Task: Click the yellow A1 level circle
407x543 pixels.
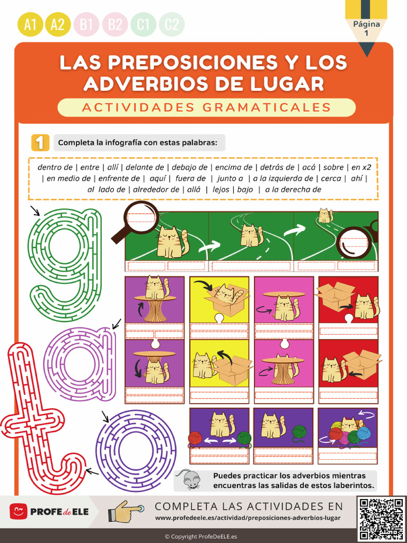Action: pos(30,24)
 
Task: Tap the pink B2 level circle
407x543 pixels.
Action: pos(115,24)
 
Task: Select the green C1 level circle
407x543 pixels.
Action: pos(144,24)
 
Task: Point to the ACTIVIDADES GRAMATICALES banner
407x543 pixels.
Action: pos(206,107)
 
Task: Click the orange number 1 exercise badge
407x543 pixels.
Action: pos(40,143)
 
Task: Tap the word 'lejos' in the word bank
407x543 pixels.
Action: pos(220,189)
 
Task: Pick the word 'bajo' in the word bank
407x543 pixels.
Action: pos(245,189)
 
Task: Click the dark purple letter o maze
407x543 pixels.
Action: pos(135,443)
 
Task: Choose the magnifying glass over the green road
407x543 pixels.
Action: pos(139,220)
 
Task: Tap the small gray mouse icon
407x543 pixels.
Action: pos(189,479)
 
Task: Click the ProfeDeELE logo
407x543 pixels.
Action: pos(49,512)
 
